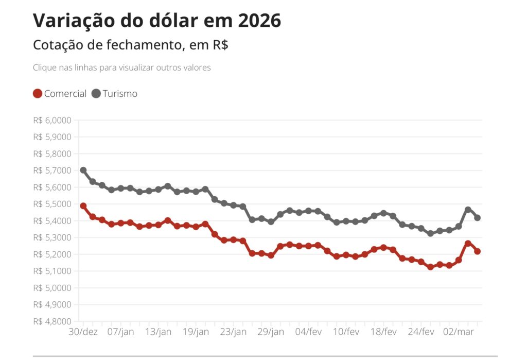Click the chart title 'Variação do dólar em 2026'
[x=157, y=21]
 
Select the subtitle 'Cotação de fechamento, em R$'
[x=131, y=45]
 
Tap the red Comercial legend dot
[x=38, y=94]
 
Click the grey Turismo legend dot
[x=96, y=94]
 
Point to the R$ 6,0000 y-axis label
[x=52, y=121]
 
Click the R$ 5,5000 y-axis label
[x=52, y=204]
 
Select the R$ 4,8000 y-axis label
[x=52, y=321]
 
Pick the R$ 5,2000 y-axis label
[x=52, y=254]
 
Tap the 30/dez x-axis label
[x=83, y=332]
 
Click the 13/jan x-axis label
[x=159, y=332]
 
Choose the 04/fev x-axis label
[x=309, y=332]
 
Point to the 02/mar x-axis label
[x=459, y=332]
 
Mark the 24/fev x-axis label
[x=421, y=332]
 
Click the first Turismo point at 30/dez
[x=83, y=170]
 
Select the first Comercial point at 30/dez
[x=83, y=206]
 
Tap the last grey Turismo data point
[x=477, y=218]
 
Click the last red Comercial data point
[x=477, y=251]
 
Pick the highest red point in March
[x=468, y=244]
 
